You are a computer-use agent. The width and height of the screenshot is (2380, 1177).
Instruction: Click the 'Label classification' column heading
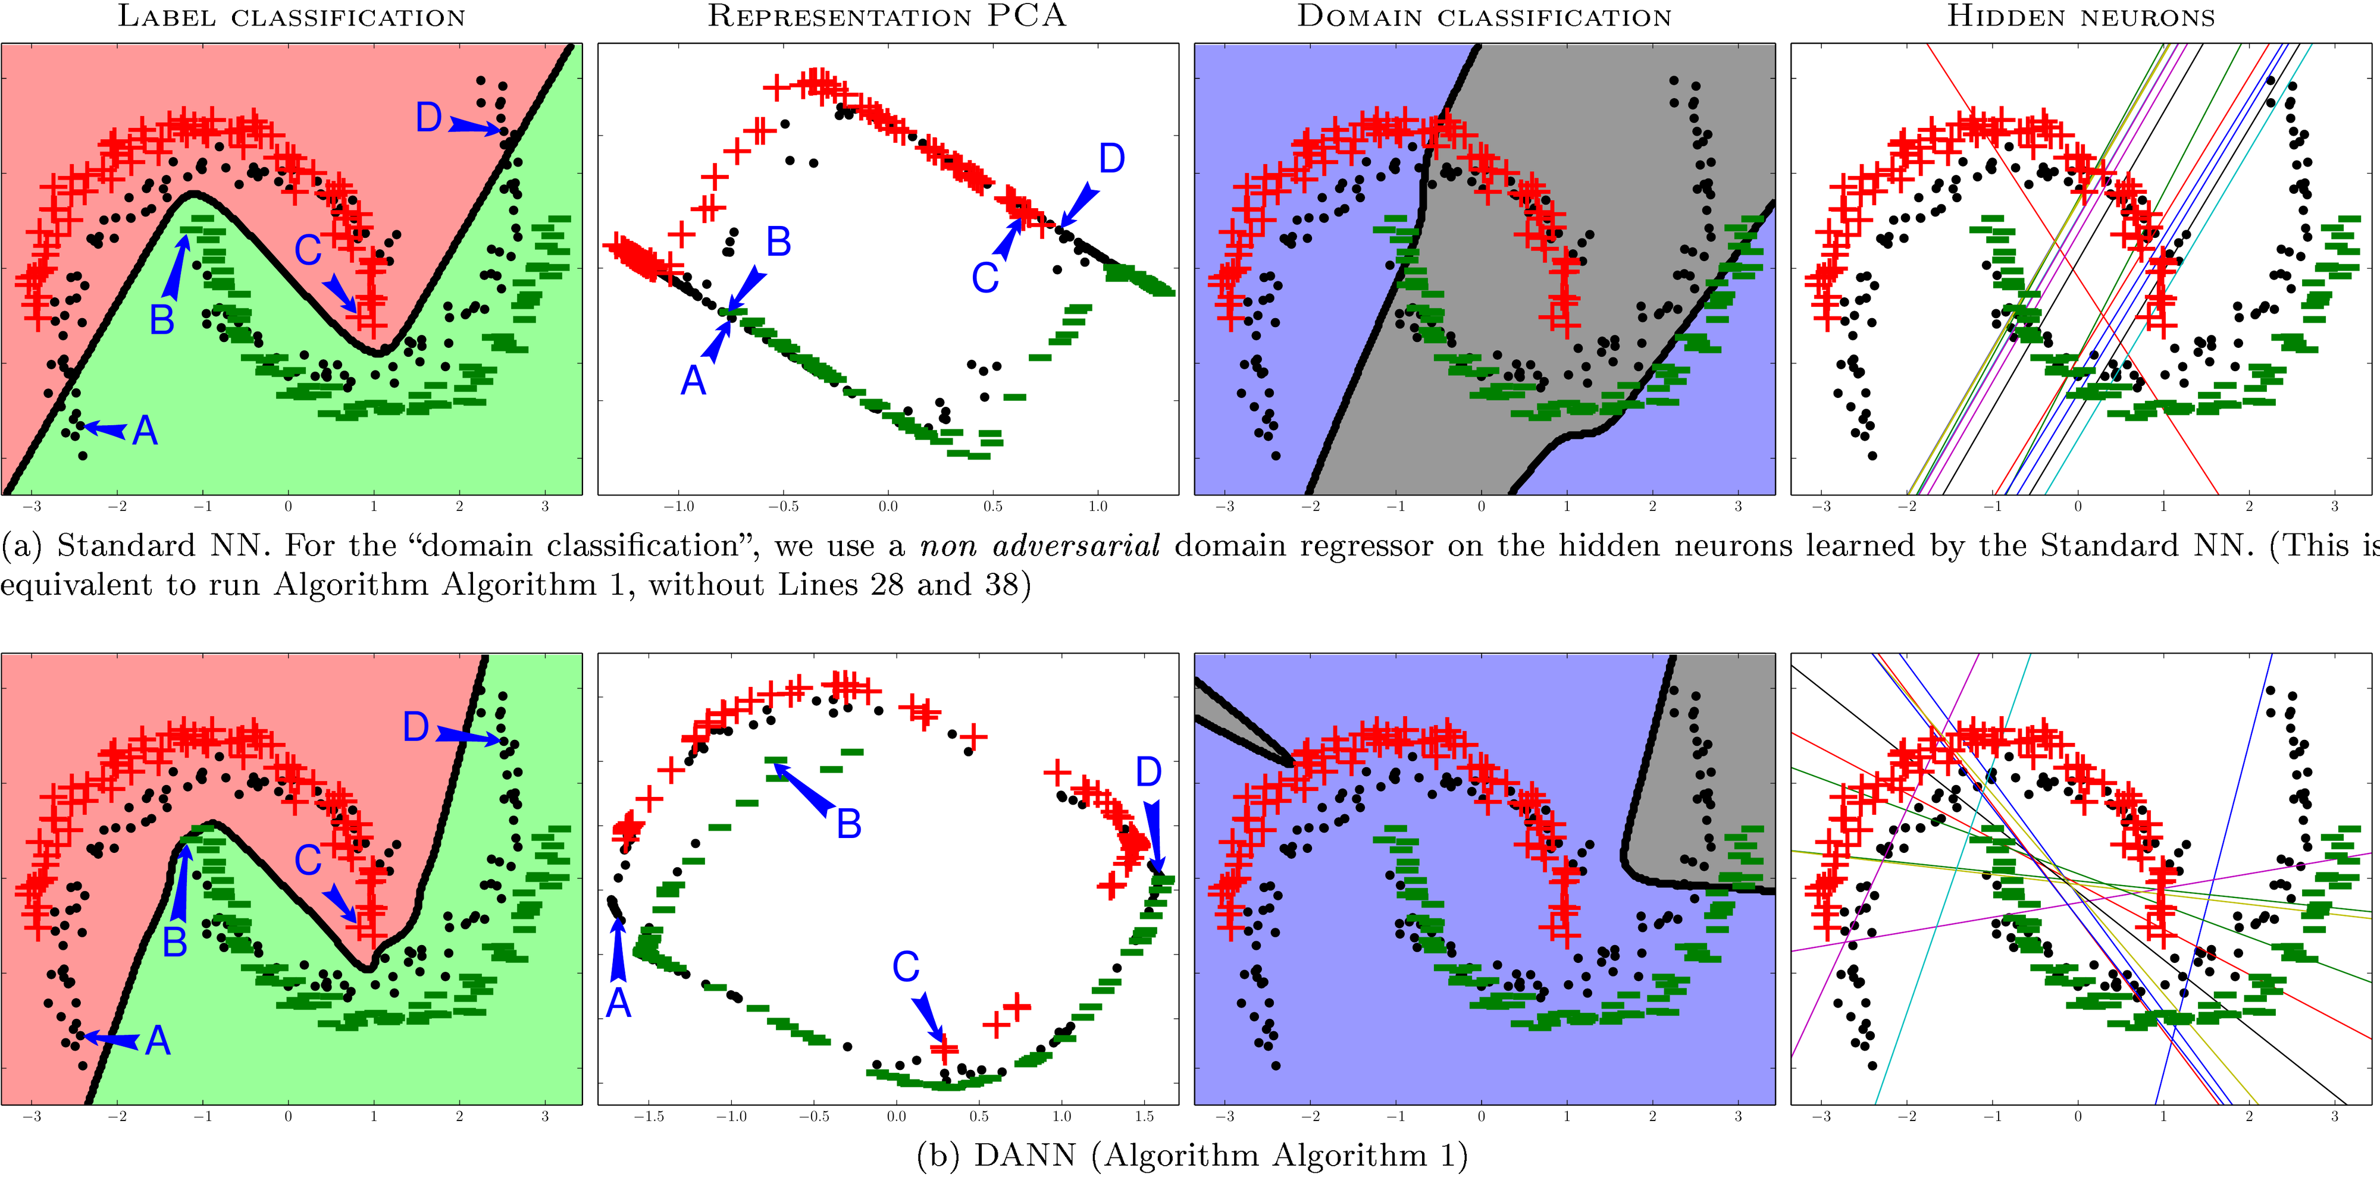point(291,17)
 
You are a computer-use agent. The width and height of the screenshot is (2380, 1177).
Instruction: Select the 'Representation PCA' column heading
point(887,17)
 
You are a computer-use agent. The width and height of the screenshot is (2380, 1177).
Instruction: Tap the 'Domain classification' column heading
point(1484,17)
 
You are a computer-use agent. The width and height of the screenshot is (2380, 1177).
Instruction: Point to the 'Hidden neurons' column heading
point(2081,17)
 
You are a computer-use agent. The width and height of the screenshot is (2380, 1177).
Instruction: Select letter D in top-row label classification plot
point(428,117)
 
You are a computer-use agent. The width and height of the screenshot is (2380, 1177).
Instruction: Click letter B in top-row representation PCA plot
point(779,242)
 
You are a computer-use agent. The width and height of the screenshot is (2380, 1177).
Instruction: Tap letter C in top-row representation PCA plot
point(985,277)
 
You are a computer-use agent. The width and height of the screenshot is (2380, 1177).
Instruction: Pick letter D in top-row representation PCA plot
point(1111,159)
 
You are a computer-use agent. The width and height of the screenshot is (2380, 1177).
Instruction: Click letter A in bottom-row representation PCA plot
point(618,1002)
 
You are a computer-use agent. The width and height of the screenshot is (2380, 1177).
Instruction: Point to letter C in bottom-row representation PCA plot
point(906,967)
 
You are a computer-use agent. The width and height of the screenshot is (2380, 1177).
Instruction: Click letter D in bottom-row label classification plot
point(416,727)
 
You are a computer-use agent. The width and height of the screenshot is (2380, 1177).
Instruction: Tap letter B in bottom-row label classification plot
point(174,942)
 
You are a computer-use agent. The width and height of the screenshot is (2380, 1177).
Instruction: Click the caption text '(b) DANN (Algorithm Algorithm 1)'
point(1192,1155)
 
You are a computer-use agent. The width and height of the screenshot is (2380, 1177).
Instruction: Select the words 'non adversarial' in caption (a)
point(1039,546)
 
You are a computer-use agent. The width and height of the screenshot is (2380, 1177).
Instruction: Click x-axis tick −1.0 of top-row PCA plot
point(678,506)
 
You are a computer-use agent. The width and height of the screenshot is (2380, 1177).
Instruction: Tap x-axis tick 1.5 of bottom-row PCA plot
point(1144,1116)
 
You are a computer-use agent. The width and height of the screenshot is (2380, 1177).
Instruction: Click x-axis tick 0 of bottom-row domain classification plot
point(1481,1116)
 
